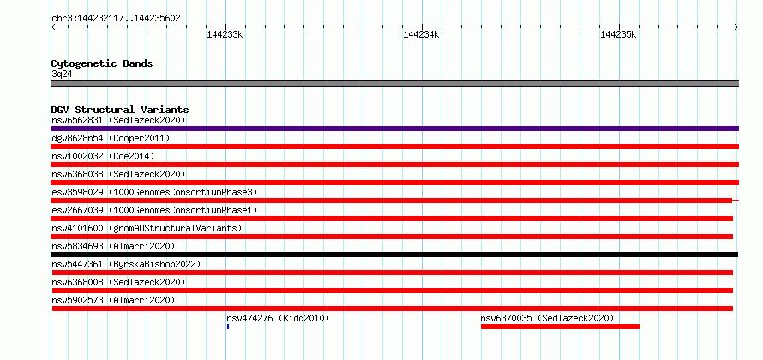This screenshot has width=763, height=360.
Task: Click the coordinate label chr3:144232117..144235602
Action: click(x=116, y=19)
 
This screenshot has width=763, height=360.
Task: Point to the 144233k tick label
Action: click(x=225, y=35)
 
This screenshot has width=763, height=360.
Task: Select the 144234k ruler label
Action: click(x=422, y=35)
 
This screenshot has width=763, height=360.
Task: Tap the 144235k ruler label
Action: click(x=618, y=35)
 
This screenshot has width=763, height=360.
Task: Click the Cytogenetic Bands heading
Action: click(x=102, y=63)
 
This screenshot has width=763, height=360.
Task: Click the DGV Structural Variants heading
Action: click(x=120, y=110)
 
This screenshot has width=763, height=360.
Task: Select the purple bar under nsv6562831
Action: click(x=394, y=129)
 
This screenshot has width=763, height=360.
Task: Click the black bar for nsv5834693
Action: click(x=394, y=255)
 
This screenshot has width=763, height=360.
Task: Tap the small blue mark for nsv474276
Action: click(x=228, y=327)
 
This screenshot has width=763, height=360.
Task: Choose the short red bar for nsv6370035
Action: click(x=560, y=327)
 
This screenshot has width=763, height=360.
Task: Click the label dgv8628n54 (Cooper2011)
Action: click(x=111, y=139)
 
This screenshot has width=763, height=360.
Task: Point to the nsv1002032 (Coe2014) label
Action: click(x=103, y=157)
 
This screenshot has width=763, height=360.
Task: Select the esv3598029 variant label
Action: click(x=154, y=193)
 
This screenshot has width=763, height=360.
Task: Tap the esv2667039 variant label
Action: click(x=154, y=211)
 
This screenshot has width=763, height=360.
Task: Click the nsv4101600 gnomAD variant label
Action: click(x=147, y=229)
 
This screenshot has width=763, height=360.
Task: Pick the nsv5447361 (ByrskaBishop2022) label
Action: click(x=126, y=265)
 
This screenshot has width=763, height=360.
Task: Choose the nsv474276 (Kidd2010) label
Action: click(x=278, y=319)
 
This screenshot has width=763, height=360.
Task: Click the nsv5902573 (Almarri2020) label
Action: click(x=113, y=301)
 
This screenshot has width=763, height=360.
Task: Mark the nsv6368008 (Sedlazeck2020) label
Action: click(x=118, y=283)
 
